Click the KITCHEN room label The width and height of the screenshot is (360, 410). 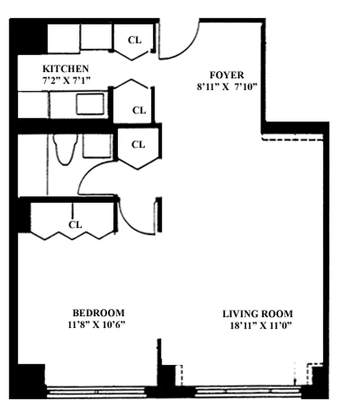click(66, 69)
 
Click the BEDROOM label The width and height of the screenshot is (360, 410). click(98, 313)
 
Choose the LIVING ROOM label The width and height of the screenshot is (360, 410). click(258, 314)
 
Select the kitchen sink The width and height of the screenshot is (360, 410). click(90, 104)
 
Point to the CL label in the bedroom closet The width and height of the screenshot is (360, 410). click(75, 224)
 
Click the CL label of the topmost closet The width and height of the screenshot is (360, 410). click(135, 40)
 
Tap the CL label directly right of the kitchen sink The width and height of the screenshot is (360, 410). click(139, 110)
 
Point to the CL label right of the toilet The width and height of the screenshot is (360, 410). click(138, 145)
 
